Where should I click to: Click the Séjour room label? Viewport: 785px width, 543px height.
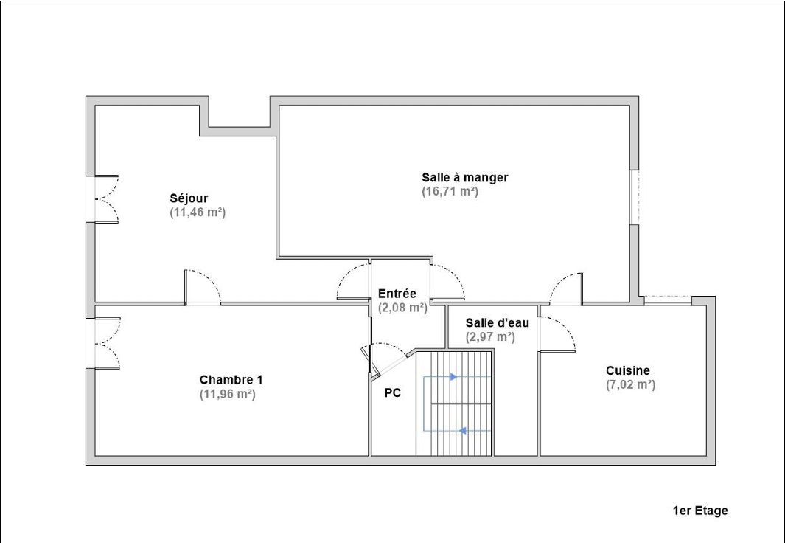[189, 198]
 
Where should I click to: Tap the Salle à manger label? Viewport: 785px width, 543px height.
[465, 177]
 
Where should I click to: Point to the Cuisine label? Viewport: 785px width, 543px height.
[628, 370]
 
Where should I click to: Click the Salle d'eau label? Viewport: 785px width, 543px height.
[497, 322]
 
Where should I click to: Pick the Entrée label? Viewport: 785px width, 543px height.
[397, 294]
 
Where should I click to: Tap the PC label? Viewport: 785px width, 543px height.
[392, 393]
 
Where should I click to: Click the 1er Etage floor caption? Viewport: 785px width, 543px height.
[700, 511]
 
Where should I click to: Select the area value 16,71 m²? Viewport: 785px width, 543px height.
[450, 191]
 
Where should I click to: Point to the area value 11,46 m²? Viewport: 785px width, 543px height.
[198, 212]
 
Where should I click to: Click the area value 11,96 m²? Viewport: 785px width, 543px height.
[228, 394]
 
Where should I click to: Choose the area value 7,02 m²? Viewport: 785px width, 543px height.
[630, 384]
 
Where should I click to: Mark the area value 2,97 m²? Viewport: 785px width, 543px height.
[490, 336]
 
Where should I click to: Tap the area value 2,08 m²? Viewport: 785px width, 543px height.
[403, 308]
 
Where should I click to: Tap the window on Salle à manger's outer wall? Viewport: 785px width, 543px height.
[635, 197]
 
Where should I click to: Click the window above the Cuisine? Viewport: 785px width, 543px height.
[668, 300]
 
